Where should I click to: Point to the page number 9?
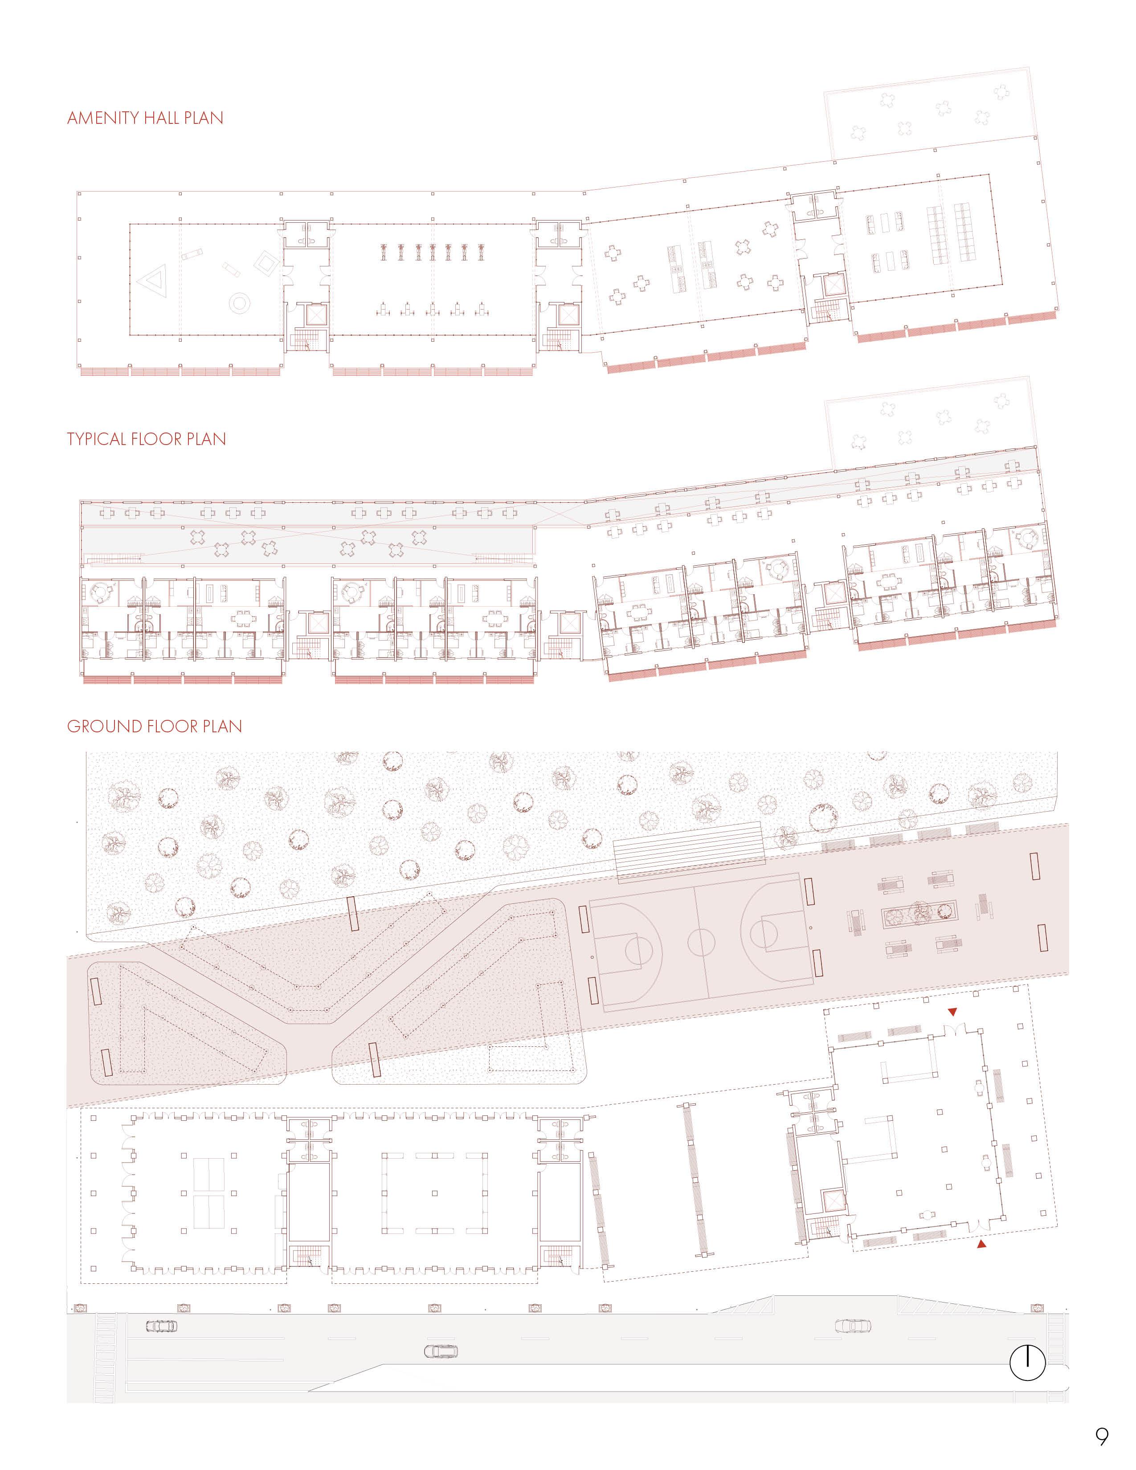[x=1101, y=1436]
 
